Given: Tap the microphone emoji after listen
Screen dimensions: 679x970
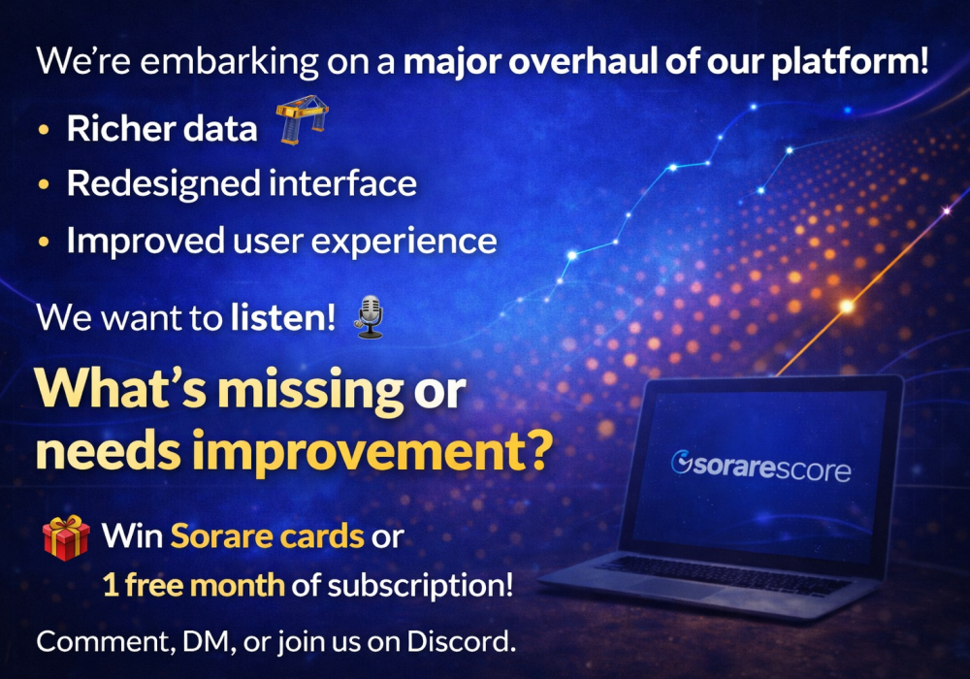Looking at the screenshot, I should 370,316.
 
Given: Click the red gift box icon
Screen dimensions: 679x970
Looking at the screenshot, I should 65,537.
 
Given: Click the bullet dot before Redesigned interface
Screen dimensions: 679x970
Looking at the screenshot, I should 44,184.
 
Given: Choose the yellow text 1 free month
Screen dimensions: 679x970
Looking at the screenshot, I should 194,585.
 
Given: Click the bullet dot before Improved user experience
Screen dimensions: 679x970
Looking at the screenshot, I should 44,241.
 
